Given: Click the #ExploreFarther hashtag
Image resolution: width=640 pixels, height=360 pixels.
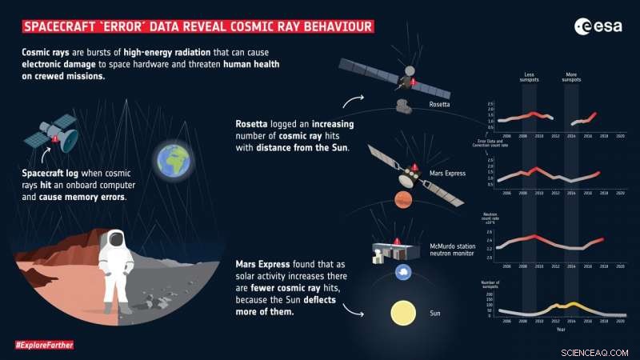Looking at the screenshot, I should (43, 345).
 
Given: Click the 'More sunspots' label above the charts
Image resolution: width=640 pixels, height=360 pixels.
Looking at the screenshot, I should (572, 76).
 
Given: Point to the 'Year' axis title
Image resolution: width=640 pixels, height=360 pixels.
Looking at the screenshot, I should (560, 329).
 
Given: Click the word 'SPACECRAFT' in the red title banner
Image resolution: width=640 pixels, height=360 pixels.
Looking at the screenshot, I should (59, 27).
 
